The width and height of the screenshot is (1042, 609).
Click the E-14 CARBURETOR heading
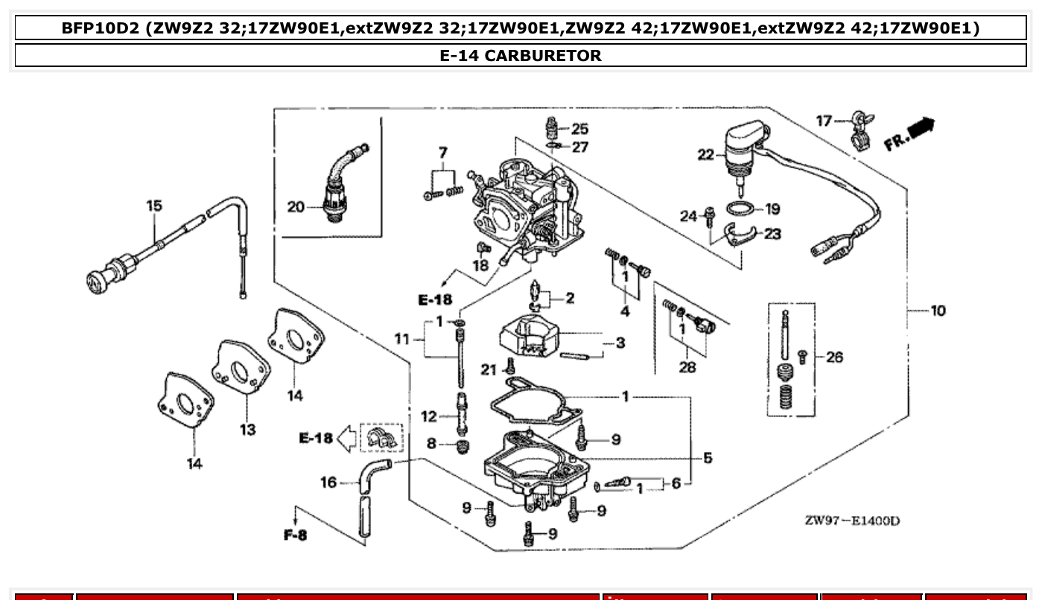(521, 55)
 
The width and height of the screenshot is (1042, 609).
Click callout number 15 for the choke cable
(153, 205)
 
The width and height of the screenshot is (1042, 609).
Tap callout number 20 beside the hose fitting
(296, 207)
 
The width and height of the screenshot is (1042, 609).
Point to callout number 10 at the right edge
(938, 310)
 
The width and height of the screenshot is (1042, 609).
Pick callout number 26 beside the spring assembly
(834, 357)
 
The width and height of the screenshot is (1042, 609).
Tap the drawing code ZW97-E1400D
(851, 520)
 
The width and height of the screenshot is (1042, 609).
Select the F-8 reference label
(295, 535)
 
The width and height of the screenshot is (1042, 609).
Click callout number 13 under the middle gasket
(247, 430)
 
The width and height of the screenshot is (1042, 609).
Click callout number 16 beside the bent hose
(328, 483)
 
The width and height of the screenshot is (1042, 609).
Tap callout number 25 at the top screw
(579, 130)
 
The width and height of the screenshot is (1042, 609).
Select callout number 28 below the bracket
(687, 366)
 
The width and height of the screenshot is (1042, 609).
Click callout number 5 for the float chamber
(707, 458)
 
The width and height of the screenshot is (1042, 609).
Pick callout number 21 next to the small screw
(489, 369)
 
